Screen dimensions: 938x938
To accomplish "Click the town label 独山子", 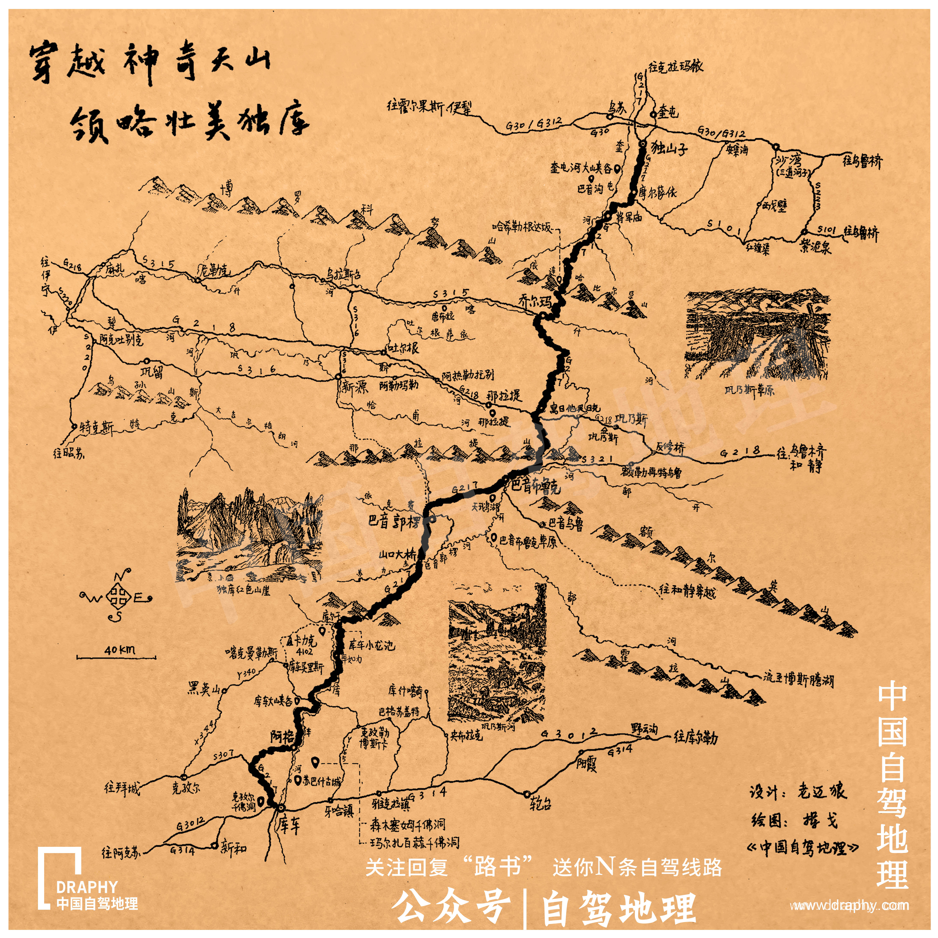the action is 669,148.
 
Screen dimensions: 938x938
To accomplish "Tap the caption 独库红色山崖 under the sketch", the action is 243,590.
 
